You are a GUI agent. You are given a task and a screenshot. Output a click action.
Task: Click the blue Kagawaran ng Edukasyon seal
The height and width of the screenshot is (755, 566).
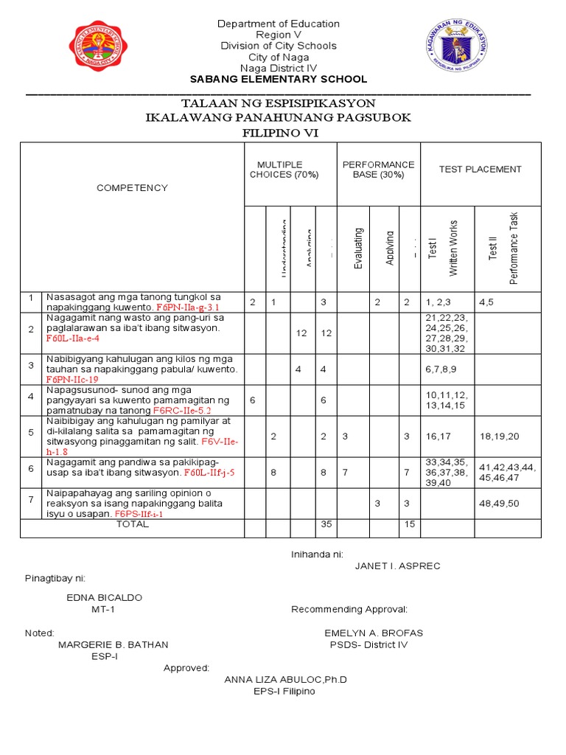click(457, 46)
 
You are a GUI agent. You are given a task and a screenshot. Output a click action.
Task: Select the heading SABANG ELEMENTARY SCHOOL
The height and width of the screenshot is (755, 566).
click(278, 80)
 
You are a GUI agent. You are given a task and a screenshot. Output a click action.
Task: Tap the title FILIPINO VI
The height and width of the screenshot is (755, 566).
click(278, 133)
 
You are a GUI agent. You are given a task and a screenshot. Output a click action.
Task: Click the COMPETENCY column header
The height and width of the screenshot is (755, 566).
click(132, 188)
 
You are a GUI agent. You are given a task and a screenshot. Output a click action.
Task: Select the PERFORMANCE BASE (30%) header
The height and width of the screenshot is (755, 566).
click(378, 170)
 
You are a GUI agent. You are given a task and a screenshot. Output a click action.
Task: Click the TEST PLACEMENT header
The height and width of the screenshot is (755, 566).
click(480, 170)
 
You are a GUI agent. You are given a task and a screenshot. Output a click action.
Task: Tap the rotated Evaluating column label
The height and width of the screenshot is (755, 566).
click(358, 248)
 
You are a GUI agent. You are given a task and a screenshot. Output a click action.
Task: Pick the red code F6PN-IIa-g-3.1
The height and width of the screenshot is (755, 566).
click(188, 307)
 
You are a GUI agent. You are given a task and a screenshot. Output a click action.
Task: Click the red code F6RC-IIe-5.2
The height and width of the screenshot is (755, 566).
click(181, 409)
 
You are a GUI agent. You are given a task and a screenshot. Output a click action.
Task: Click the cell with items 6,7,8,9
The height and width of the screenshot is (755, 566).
click(444, 369)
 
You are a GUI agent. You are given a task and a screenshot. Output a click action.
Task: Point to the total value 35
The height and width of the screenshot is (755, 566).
click(324, 524)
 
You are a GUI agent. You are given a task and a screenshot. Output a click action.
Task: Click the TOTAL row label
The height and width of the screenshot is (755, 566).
click(132, 524)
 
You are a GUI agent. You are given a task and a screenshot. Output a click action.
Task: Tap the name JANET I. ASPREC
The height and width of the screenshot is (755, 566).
click(397, 566)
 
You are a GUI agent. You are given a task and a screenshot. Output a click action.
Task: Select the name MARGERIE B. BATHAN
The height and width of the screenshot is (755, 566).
click(113, 644)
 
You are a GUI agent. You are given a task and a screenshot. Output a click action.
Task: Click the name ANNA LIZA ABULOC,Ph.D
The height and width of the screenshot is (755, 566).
click(285, 680)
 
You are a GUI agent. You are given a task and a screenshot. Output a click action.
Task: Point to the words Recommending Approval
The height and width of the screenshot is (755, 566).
click(349, 610)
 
